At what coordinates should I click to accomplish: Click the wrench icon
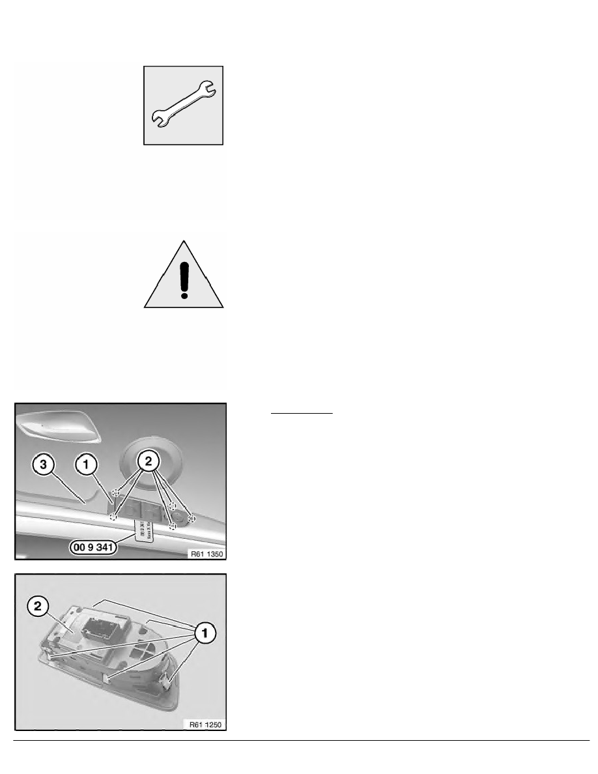click(184, 105)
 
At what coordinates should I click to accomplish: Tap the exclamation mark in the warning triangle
click(184, 271)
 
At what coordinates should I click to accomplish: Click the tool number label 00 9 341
click(91, 548)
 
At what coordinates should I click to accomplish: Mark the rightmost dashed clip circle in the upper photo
click(192, 518)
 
